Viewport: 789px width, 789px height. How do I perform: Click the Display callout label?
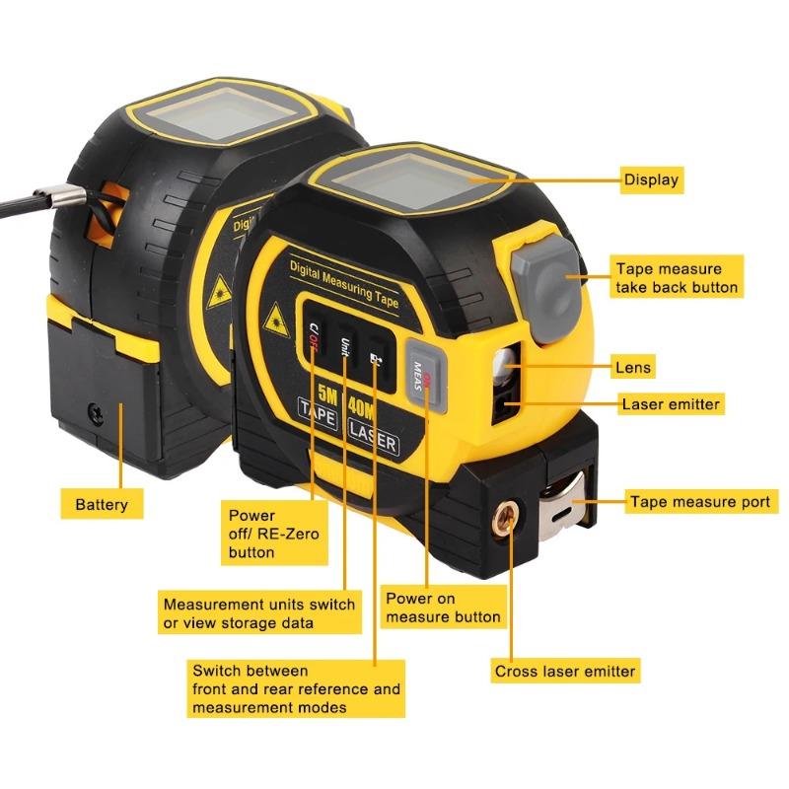pos(651,180)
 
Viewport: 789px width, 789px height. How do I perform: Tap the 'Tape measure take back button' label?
pos(676,277)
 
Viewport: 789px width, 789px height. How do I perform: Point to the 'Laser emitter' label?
pos(671,403)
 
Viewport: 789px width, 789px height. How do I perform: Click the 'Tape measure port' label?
pos(699,502)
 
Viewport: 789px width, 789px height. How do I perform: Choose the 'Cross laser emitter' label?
pos(565,672)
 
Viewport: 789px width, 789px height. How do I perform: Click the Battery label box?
pos(102,504)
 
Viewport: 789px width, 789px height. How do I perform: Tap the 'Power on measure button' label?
pos(443,608)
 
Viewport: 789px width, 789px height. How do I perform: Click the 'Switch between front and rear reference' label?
pos(297,689)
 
